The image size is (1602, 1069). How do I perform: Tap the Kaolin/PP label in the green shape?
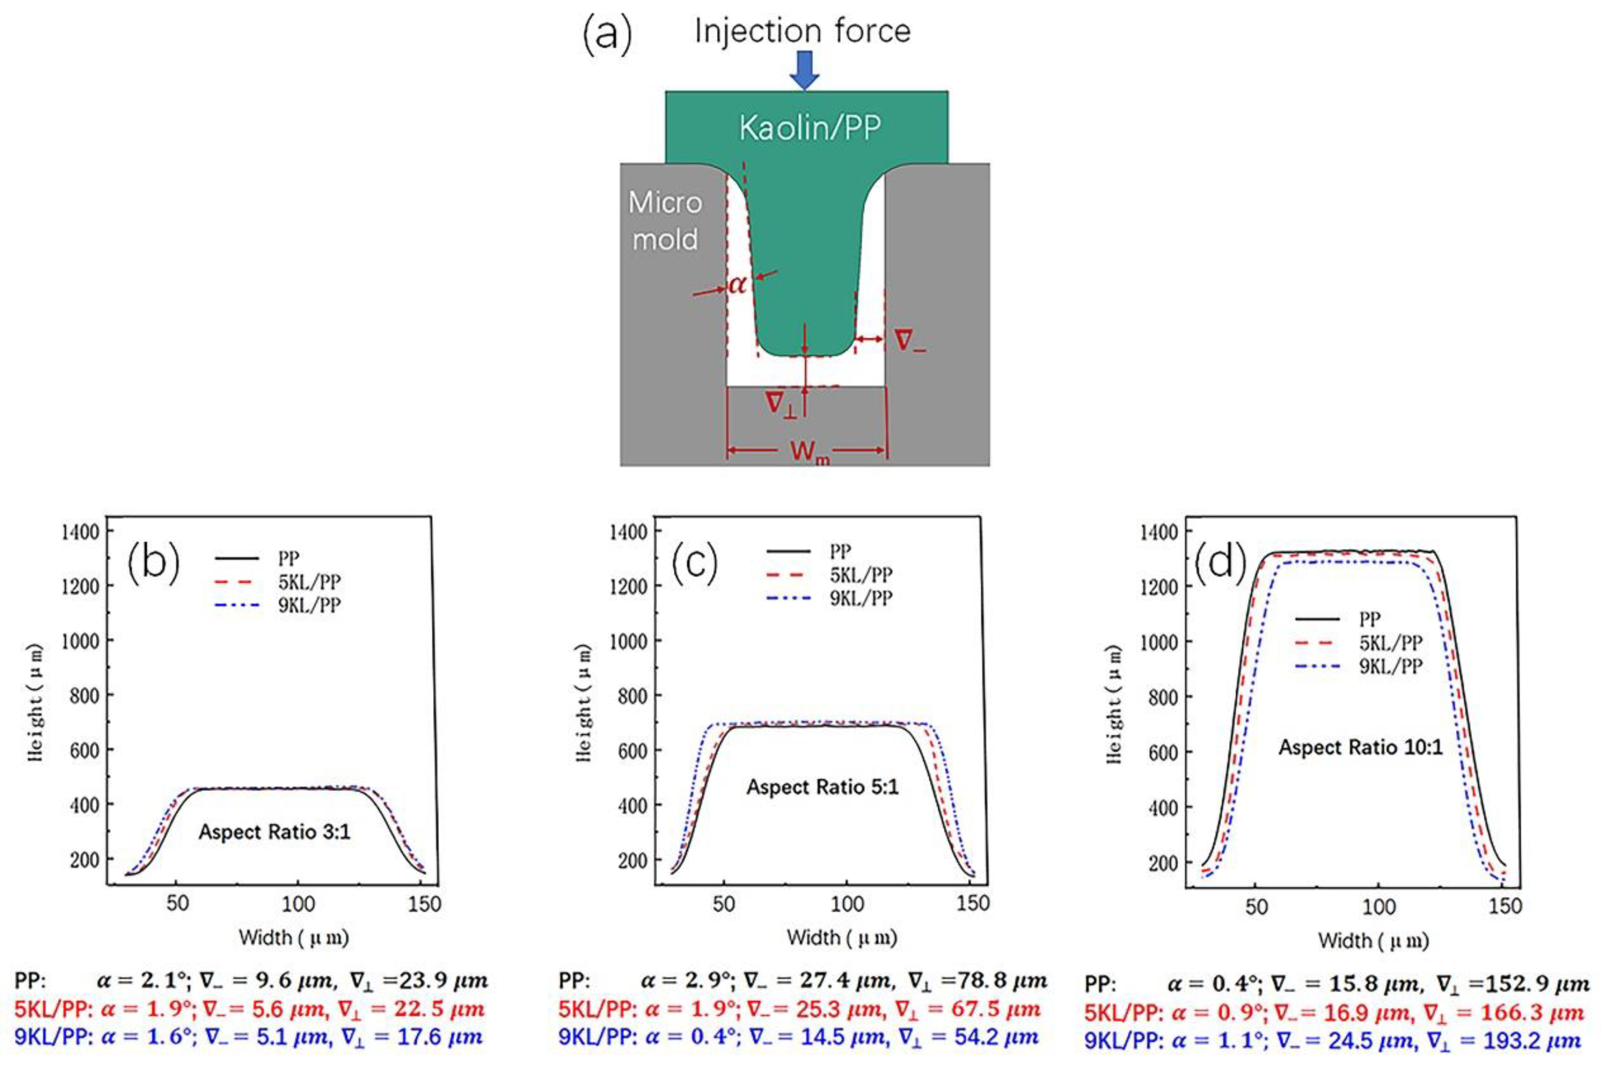pos(810,127)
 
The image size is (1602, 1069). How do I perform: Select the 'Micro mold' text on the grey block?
pos(665,221)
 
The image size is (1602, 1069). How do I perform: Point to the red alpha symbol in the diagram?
pos(737,284)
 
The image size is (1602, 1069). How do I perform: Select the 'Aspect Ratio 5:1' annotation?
pos(822,787)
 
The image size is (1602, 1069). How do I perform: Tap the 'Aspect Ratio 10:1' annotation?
pos(1361,747)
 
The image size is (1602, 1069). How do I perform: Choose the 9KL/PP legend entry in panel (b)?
pos(309,605)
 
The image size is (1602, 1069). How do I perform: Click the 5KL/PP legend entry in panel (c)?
pos(860,575)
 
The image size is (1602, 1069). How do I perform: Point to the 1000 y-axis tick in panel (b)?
pos(81,641)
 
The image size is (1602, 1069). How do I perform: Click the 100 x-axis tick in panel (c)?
pos(847,904)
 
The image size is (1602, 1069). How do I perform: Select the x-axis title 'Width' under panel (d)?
pos(1373,941)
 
